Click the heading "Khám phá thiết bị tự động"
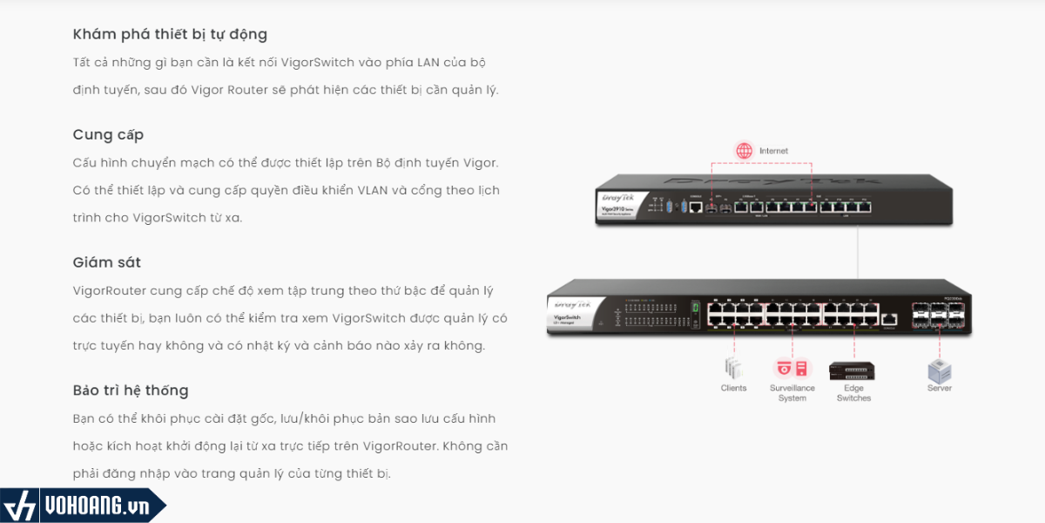pos(170,35)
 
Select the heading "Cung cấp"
pos(108,135)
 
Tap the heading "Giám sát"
pos(106,262)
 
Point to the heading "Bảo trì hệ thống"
pos(131,391)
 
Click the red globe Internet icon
pos(744,151)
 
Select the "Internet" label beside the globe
pos(773,151)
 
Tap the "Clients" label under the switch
pos(733,388)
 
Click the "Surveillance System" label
pos(792,393)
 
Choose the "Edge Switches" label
pos(853,393)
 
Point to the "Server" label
pos(939,388)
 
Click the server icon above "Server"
pos(939,370)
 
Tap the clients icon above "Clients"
pos(733,368)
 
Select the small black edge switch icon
pos(853,370)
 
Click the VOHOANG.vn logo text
pos(96,506)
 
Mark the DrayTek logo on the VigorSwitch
pos(570,304)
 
